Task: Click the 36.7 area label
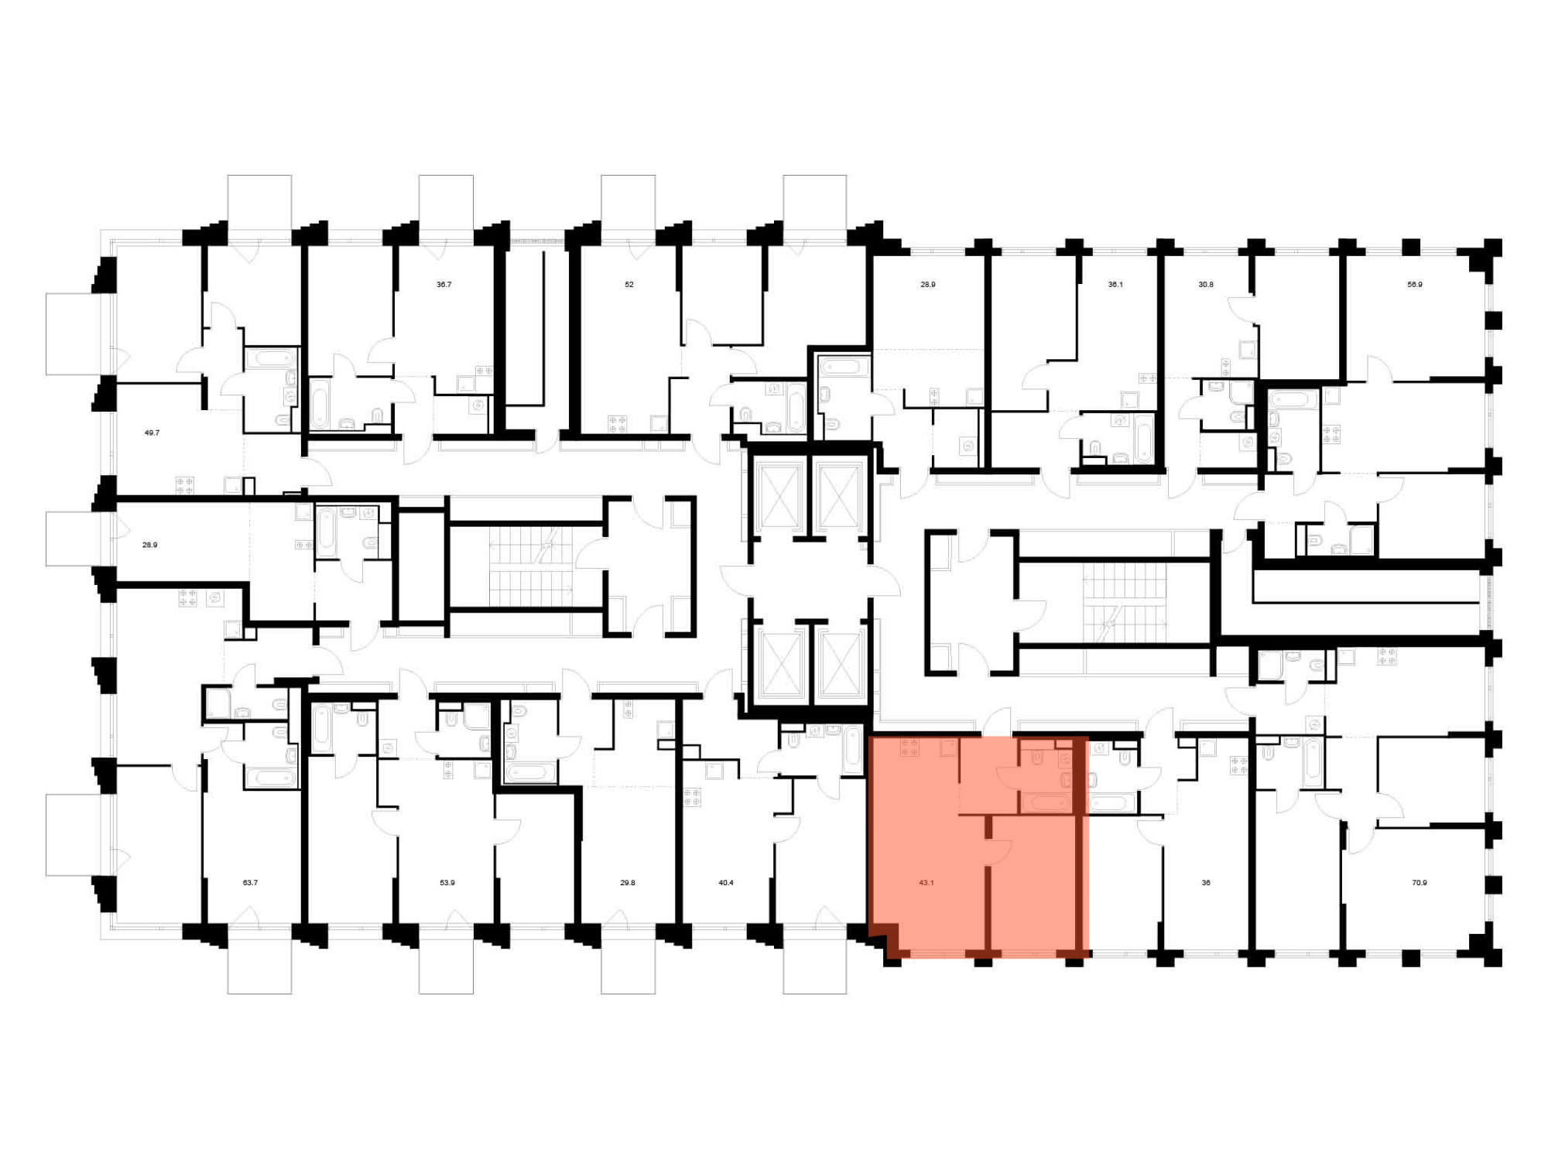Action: [444, 285]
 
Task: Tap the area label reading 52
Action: [629, 285]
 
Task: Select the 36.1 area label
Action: [1115, 285]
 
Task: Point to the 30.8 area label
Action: [1206, 285]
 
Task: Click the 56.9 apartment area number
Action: [1415, 285]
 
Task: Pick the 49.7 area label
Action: [152, 433]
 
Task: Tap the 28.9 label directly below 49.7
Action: [149, 546]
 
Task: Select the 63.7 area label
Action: [250, 883]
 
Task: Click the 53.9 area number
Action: [447, 883]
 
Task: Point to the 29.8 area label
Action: [628, 883]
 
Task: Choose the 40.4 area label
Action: [726, 883]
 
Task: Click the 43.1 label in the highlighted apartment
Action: [926, 883]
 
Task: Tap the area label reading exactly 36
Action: [1206, 883]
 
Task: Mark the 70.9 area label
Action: [1420, 883]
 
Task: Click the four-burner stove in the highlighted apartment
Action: [909, 747]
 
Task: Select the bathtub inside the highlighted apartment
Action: [1046, 803]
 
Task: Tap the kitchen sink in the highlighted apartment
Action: [950, 747]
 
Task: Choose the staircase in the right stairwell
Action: [1124, 604]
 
